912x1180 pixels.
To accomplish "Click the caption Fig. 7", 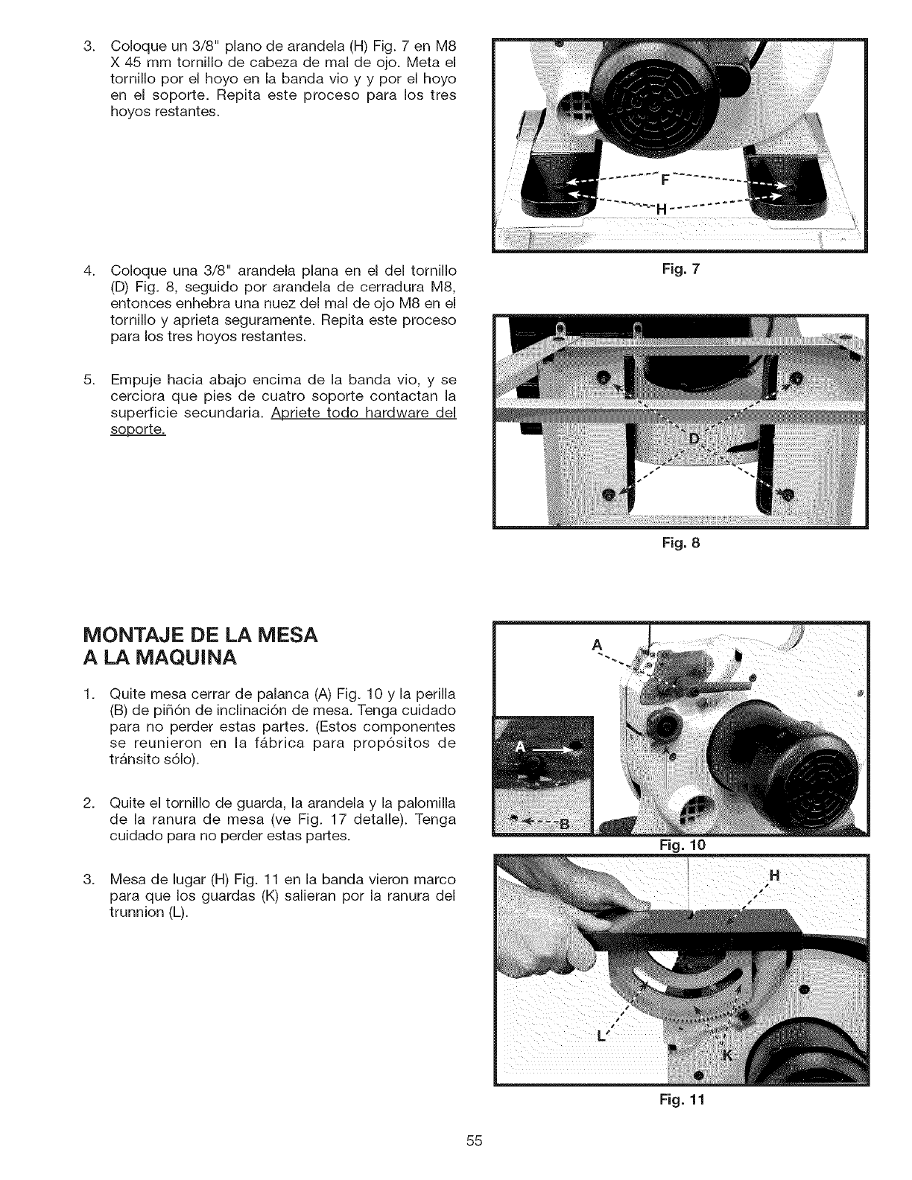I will point(682,268).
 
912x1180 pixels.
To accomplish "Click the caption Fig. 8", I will point(682,543).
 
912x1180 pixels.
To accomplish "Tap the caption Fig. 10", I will point(682,845).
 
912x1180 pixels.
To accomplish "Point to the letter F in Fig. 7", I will point(665,180).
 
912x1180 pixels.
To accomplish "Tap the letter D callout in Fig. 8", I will point(694,437).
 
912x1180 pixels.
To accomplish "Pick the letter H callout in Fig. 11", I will point(773,876).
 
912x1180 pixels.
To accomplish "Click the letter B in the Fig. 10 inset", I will point(563,823).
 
